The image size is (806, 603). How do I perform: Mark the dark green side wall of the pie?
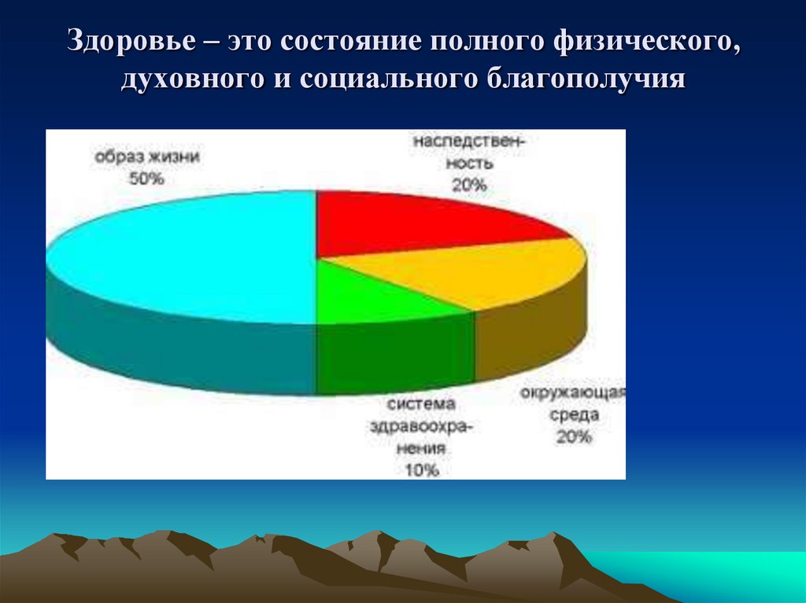click(x=394, y=354)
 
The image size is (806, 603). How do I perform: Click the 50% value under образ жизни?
click(x=147, y=179)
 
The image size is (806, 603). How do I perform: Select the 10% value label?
click(x=422, y=470)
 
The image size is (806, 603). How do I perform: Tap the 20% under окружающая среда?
click(x=574, y=437)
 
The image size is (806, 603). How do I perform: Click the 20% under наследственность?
click(x=470, y=186)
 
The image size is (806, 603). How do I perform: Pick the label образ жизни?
click(x=147, y=156)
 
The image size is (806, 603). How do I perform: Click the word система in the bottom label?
click(x=422, y=404)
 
